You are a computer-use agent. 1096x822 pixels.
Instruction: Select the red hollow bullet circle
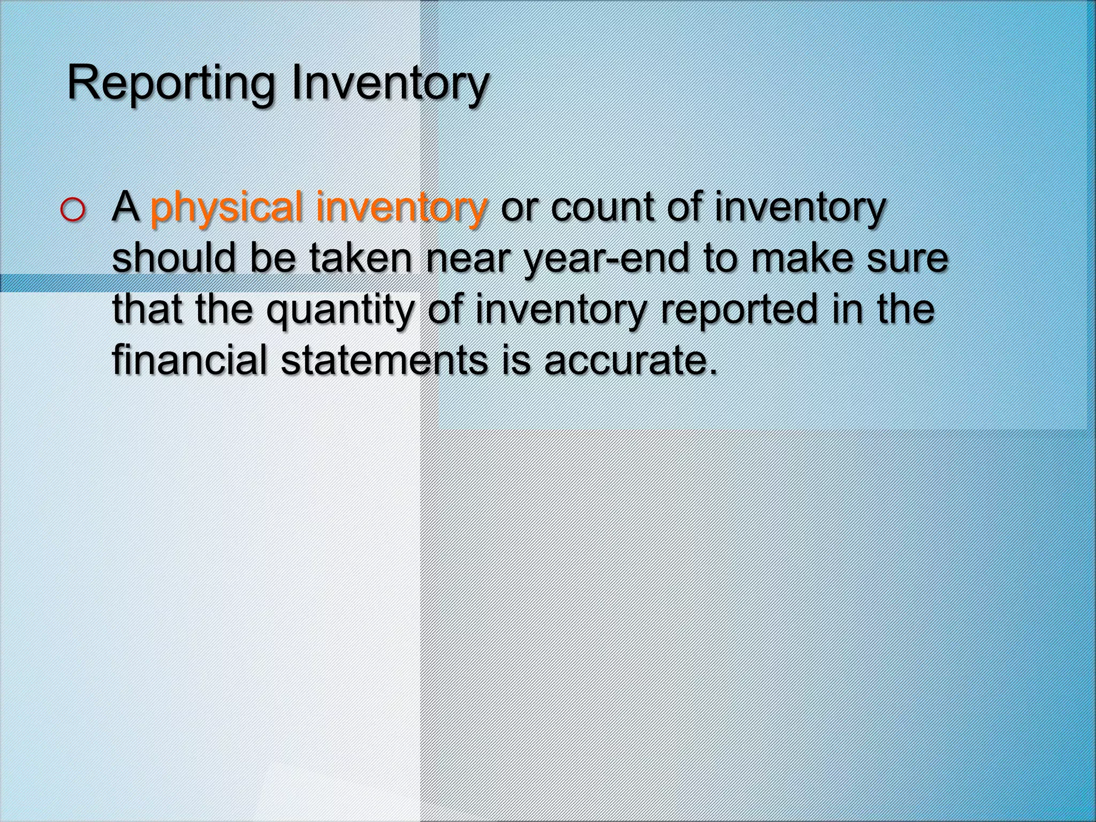point(72,211)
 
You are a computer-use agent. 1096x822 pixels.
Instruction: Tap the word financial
point(189,360)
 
